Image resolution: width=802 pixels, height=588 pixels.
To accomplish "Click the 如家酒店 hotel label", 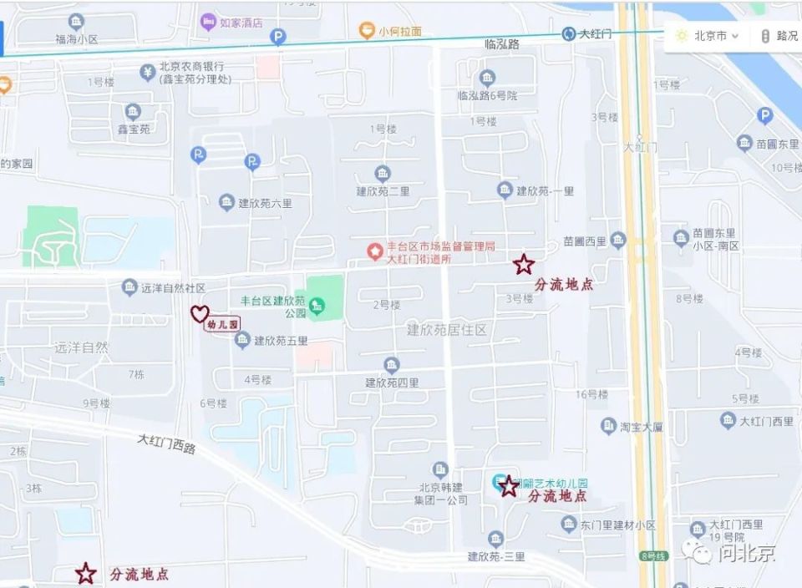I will [x=241, y=23].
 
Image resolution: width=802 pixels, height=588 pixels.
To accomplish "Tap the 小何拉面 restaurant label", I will [x=399, y=32].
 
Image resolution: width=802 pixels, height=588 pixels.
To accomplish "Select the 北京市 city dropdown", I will [x=707, y=36].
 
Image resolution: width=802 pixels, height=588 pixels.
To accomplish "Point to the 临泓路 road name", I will [x=501, y=44].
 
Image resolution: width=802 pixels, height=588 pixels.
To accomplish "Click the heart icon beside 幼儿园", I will [x=199, y=314].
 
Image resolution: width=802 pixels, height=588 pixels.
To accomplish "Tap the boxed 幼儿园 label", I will [x=223, y=324].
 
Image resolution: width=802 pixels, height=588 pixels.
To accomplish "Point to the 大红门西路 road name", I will [x=167, y=443].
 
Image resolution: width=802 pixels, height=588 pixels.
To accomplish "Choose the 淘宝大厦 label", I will [x=642, y=427].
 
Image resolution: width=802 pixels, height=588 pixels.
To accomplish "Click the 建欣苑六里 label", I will [x=265, y=203].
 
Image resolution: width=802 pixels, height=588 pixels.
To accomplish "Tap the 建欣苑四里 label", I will [x=392, y=383].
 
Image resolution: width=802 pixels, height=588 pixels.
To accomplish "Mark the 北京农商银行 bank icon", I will [x=148, y=71].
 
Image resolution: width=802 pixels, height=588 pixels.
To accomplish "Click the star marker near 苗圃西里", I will [x=524, y=265].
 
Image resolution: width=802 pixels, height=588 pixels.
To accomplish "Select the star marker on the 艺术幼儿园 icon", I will [x=508, y=485].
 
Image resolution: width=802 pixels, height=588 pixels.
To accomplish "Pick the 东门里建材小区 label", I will [x=618, y=525].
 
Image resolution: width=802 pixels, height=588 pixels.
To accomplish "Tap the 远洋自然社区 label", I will [x=173, y=288].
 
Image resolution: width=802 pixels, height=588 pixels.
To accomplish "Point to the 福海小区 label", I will [x=77, y=38].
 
